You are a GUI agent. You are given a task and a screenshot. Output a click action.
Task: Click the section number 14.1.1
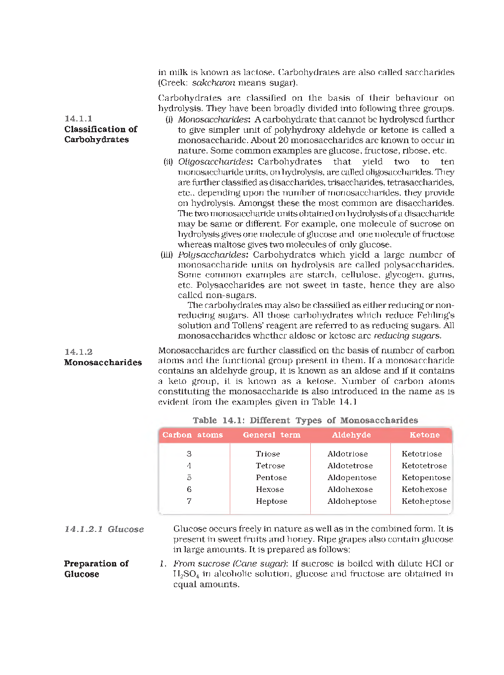click(x=78, y=118)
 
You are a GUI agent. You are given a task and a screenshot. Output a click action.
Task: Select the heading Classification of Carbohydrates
click(x=100, y=134)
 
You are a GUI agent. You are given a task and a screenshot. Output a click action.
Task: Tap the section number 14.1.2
click(x=78, y=352)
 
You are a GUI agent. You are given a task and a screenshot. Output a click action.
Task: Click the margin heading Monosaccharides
click(x=103, y=362)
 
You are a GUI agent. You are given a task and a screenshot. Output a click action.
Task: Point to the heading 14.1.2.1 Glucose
click(x=104, y=529)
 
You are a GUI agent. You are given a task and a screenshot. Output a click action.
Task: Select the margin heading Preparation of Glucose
click(x=96, y=568)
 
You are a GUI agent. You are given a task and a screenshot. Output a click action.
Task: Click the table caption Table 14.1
click(x=305, y=420)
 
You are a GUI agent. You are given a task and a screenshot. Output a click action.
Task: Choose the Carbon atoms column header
click(x=192, y=435)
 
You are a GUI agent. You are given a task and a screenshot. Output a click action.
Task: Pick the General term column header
click(x=271, y=435)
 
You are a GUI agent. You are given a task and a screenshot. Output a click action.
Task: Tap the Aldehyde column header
click(x=351, y=435)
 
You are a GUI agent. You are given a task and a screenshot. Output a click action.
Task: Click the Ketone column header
click(x=424, y=435)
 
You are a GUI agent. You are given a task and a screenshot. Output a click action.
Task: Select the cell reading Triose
click(x=268, y=453)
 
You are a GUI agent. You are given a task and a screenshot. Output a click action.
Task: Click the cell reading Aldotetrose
click(x=350, y=465)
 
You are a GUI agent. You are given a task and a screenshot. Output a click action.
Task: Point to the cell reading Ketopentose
click(x=426, y=477)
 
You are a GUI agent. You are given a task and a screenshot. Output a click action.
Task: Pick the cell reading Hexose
click(x=270, y=489)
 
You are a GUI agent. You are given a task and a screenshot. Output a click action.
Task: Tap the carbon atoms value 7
click(x=189, y=501)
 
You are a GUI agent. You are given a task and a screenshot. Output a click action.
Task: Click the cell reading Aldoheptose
click(x=352, y=501)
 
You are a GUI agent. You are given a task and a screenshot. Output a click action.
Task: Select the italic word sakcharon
click(x=213, y=82)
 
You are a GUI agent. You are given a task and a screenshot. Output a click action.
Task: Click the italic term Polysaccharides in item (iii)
click(x=212, y=255)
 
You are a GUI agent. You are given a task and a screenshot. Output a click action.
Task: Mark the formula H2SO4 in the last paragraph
click(x=186, y=574)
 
